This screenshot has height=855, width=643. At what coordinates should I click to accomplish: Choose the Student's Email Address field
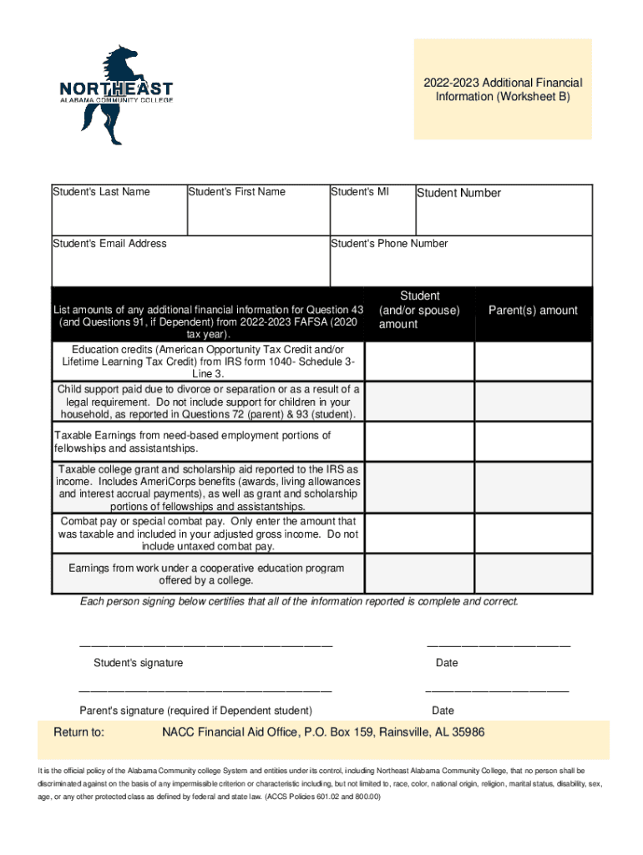[x=190, y=267]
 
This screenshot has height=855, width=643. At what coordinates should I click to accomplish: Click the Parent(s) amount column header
[x=533, y=311]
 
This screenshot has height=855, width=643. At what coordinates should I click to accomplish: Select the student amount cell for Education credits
[x=420, y=361]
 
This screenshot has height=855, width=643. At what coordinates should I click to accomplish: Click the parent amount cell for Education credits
[x=533, y=361]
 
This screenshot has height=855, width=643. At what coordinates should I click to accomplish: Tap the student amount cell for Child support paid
[x=420, y=402]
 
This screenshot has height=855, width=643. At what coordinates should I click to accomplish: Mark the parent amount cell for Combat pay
[x=533, y=534]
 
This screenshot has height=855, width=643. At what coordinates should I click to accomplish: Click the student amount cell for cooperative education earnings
[x=420, y=574]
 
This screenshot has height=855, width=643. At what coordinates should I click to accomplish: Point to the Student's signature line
[x=205, y=645]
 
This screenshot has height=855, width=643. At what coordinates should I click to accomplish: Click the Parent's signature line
[x=205, y=691]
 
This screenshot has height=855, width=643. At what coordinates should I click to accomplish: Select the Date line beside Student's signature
[x=499, y=645]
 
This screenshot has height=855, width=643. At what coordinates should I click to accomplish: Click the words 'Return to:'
[x=79, y=732]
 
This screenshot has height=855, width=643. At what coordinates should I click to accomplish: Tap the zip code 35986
[x=468, y=732]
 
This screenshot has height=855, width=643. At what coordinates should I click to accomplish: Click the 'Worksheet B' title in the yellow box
[x=503, y=97]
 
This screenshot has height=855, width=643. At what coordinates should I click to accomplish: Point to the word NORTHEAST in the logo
[x=116, y=89]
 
